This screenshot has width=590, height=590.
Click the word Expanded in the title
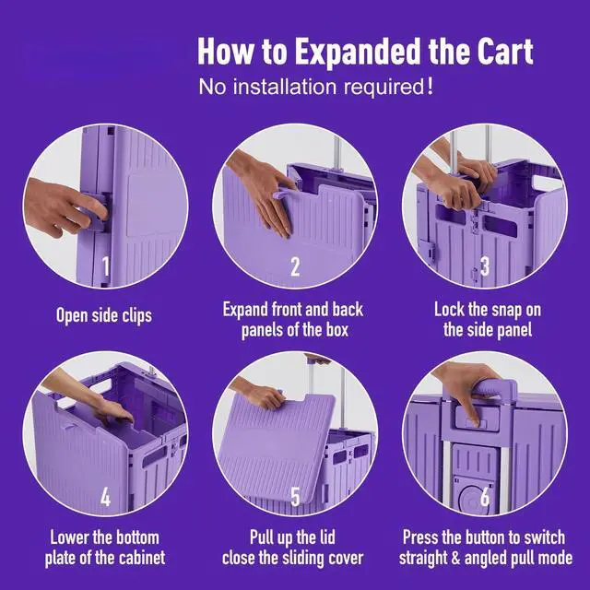(358, 52)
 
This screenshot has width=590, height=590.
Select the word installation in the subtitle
(285, 87)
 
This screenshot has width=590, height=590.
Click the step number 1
(106, 266)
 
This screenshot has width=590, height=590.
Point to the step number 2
(295, 266)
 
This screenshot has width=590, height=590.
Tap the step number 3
(485, 266)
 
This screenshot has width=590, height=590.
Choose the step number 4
(106, 497)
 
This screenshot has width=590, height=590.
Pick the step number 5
(295, 497)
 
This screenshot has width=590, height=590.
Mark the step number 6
(485, 497)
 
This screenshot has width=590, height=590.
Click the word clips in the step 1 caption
(137, 316)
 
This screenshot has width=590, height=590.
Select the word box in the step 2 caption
(337, 330)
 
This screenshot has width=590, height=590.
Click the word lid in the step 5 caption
(326, 537)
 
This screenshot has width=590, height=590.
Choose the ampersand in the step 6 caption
(455, 558)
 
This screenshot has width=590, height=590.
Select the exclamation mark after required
(431, 86)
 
